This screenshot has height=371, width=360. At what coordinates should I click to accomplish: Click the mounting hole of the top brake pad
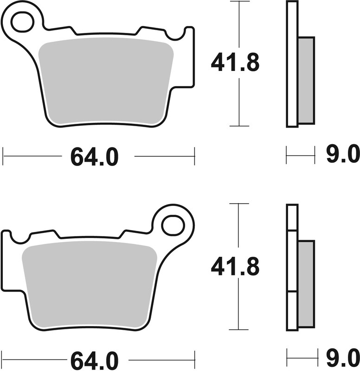[22, 22]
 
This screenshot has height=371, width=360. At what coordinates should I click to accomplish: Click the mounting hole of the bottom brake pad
[172, 225]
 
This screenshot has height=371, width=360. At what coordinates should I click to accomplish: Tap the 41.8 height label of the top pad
[235, 63]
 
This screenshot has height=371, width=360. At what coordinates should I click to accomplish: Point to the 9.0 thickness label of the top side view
[343, 155]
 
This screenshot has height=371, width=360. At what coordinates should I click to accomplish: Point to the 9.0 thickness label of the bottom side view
[343, 358]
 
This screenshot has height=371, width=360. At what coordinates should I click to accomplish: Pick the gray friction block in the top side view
[306, 80]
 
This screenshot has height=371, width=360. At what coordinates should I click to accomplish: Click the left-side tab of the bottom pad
[6, 260]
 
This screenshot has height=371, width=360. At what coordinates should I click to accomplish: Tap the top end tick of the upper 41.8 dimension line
[238, 2]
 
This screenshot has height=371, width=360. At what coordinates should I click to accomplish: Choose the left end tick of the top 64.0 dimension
[3, 156]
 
